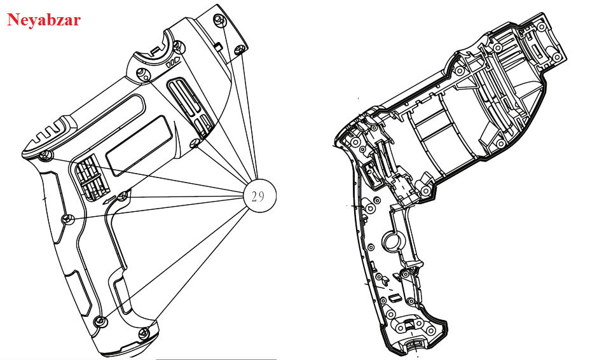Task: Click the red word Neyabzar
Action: [x=43, y=20]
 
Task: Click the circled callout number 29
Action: [x=259, y=196]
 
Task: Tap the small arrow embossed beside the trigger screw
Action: [x=109, y=200]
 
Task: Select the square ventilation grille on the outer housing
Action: [x=93, y=179]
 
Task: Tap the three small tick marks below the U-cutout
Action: [x=172, y=63]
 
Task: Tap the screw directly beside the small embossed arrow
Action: [x=122, y=197]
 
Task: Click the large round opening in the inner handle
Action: [x=392, y=241]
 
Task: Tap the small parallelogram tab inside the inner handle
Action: [x=394, y=297]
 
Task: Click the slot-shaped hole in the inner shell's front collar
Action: [x=535, y=52]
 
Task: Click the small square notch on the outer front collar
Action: [x=218, y=46]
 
